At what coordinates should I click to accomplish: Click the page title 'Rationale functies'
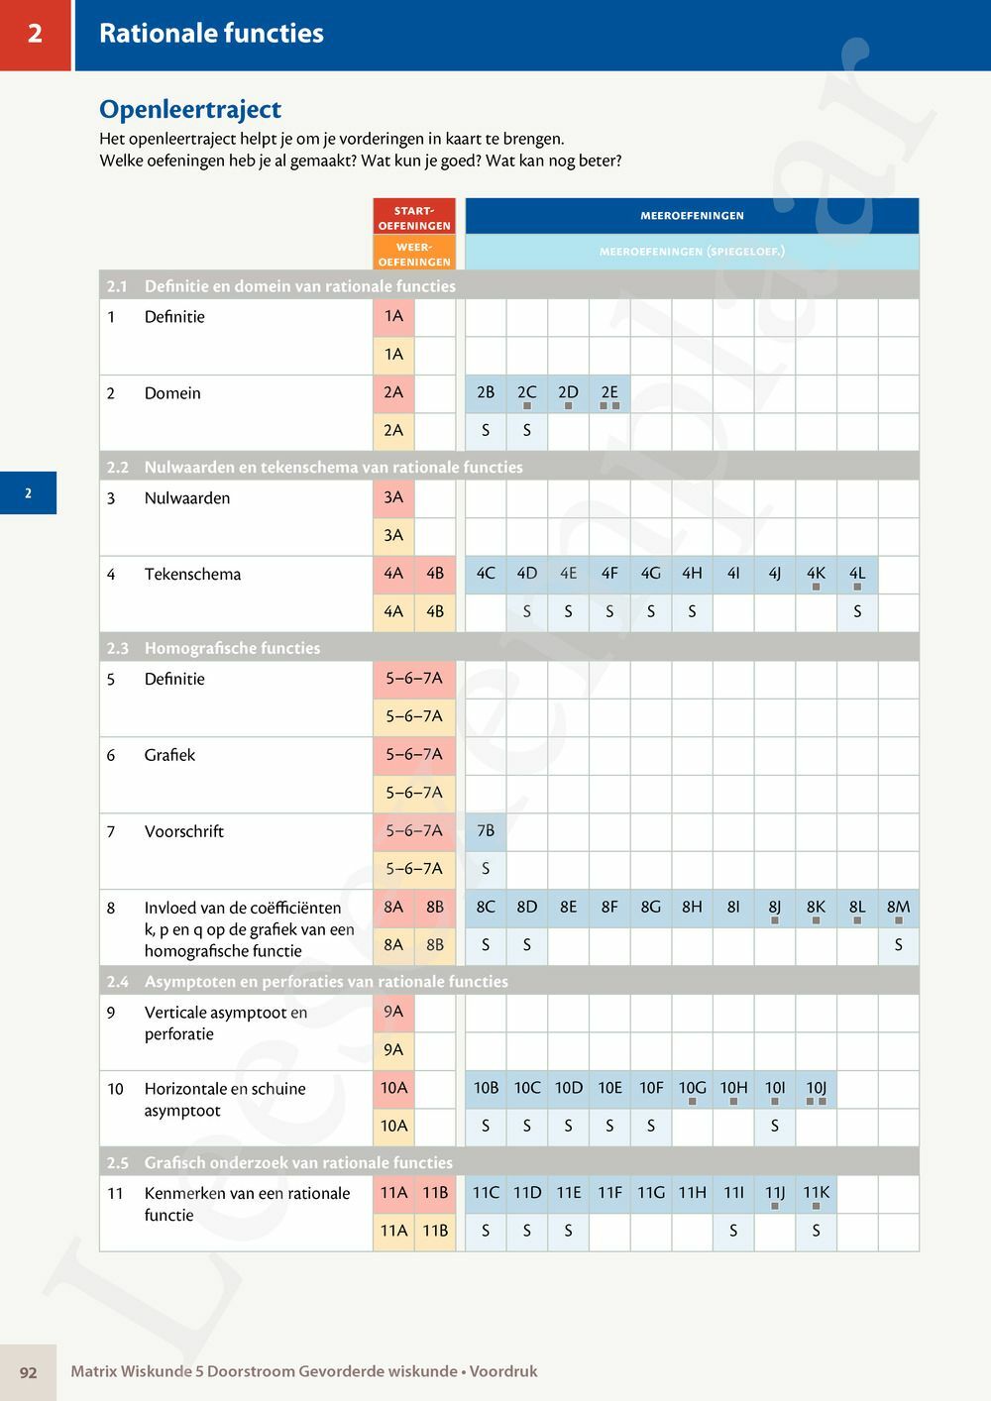pyautogui.click(x=211, y=34)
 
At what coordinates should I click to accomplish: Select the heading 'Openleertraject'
pyautogui.click(x=190, y=109)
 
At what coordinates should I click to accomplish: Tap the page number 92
pyautogui.click(x=28, y=1372)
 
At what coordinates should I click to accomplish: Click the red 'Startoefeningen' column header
pyautogui.click(x=414, y=217)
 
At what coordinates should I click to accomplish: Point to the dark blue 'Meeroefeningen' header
pyautogui.click(x=692, y=215)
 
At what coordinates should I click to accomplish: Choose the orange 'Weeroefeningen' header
pyautogui.click(x=414, y=254)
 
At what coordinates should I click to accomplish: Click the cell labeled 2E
pyautogui.click(x=609, y=393)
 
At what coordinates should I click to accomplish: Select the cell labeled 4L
pyautogui.click(x=857, y=574)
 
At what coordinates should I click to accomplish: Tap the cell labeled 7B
pyautogui.click(x=486, y=831)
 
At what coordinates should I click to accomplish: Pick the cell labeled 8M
pyautogui.click(x=898, y=908)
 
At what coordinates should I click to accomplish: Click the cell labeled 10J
pyautogui.click(x=816, y=1089)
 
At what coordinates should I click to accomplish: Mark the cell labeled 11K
pyautogui.click(x=816, y=1193)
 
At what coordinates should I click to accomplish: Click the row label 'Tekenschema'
pyautogui.click(x=192, y=575)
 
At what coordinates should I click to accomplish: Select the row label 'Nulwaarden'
pyautogui.click(x=186, y=498)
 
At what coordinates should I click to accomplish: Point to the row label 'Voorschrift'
pyautogui.click(x=183, y=831)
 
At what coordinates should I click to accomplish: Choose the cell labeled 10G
pyautogui.click(x=692, y=1089)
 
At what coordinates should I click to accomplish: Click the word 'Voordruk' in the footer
pyautogui.click(x=503, y=1372)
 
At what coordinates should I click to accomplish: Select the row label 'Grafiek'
pyautogui.click(x=169, y=755)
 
